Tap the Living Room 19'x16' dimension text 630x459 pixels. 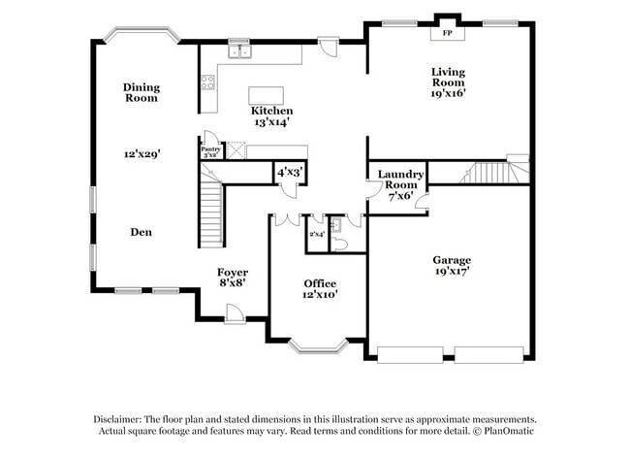[x=448, y=93]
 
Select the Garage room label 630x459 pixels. [x=452, y=260]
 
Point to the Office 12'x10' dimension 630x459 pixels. [x=320, y=294]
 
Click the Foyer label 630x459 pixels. [x=232, y=273]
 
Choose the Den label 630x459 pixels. [x=142, y=232]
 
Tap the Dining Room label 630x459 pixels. [x=142, y=92]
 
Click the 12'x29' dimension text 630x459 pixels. [x=142, y=153]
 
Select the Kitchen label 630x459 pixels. [x=271, y=111]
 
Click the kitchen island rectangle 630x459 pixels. [x=270, y=95]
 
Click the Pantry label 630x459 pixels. [x=210, y=148]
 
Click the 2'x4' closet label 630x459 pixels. [x=316, y=234]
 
